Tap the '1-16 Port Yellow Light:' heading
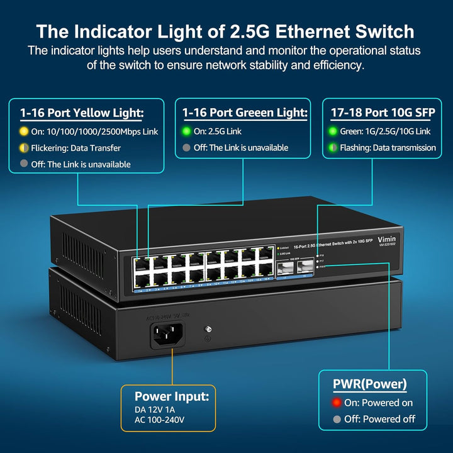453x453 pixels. pyautogui.click(x=82, y=113)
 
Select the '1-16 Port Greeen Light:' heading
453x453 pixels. pyautogui.click(x=245, y=113)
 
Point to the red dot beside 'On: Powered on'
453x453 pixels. pyautogui.click(x=337, y=403)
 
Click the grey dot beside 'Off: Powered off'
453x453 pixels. pyautogui.click(x=337, y=419)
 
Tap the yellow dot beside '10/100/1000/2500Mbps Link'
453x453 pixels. pyautogui.click(x=24, y=131)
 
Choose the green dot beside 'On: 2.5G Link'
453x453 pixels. pyautogui.click(x=186, y=131)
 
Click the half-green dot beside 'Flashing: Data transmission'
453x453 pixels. pyautogui.click(x=334, y=148)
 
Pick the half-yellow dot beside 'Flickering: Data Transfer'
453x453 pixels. pyautogui.click(x=24, y=148)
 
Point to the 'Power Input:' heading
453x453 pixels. pyautogui.click(x=171, y=397)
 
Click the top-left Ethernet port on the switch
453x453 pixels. pyautogui.click(x=142, y=260)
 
